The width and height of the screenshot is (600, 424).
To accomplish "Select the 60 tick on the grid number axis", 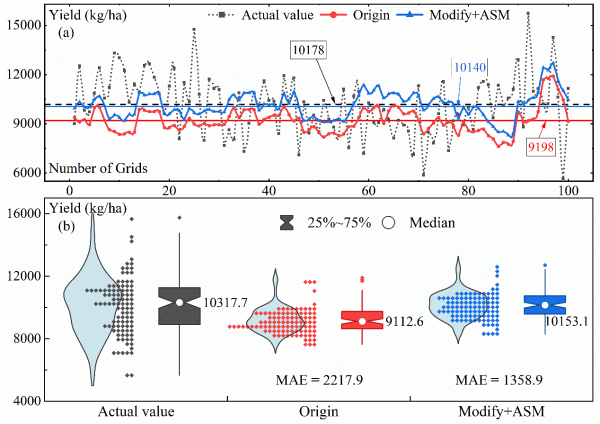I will [x=367, y=190].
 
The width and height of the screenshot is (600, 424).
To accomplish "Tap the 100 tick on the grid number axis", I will [x=566, y=190].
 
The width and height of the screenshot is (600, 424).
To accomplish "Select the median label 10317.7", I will [x=225, y=301].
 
